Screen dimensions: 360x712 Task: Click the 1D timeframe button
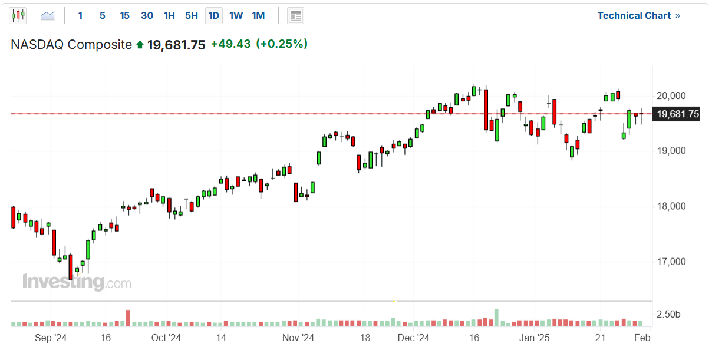214,16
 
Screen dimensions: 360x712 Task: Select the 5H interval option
192,16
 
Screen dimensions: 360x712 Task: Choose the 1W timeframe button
236,16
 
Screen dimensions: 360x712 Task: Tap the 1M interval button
258,16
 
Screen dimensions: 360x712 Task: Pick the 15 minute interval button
124,16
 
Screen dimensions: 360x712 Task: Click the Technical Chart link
638,16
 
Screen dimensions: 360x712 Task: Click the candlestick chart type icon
18,16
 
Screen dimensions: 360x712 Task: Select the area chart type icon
48,16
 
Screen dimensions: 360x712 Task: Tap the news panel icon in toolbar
295,16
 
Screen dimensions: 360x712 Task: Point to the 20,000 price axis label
671,96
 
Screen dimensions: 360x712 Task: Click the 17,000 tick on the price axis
671,262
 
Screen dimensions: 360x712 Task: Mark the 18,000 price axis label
671,206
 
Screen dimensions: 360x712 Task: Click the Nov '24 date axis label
298,338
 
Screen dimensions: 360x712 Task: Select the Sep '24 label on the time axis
51,338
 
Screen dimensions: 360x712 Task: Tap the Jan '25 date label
535,338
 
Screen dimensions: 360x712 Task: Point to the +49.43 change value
231,44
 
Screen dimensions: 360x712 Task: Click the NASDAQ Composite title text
71,45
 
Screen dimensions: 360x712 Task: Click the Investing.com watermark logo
77,282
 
